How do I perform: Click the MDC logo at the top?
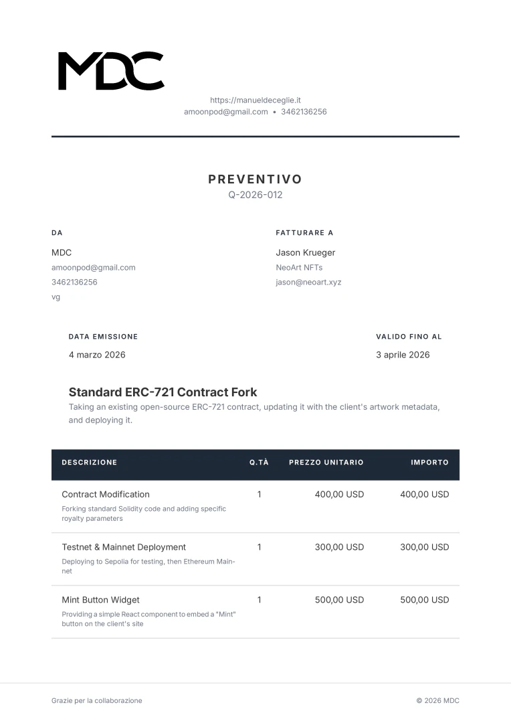click(x=111, y=71)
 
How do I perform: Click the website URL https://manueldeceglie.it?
click(x=255, y=100)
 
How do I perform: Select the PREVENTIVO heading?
click(x=255, y=179)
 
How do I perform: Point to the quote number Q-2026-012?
click(x=255, y=195)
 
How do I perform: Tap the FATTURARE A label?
click(x=304, y=233)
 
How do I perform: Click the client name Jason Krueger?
click(x=306, y=252)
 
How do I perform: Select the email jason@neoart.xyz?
click(x=308, y=282)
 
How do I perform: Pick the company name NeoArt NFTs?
click(x=299, y=267)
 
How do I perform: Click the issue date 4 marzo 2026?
click(x=97, y=355)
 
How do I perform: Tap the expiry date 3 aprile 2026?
click(x=403, y=355)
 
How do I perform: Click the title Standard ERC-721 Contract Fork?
click(x=163, y=392)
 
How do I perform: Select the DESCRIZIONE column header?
click(x=89, y=463)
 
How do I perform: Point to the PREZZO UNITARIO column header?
click(x=326, y=463)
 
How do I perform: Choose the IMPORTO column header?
click(x=429, y=463)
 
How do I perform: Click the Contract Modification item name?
click(x=106, y=494)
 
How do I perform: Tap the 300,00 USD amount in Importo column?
click(x=424, y=547)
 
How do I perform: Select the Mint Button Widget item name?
click(x=100, y=600)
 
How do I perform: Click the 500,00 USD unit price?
click(x=339, y=600)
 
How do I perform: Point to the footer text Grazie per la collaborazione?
click(x=97, y=701)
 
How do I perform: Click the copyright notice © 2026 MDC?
click(x=437, y=701)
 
